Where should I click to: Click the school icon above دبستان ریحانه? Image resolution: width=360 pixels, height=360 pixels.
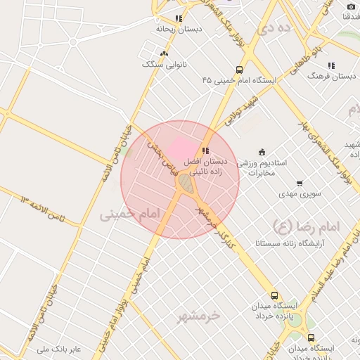coord(179,18)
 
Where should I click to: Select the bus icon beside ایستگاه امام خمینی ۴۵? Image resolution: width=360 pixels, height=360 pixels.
coord(240,70)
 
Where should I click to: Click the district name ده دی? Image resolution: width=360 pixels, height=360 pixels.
coord(274,30)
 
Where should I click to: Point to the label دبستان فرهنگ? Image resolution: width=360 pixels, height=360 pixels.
coord(331,75)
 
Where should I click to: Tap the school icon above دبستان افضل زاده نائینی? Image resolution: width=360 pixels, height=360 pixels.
coord(205,150)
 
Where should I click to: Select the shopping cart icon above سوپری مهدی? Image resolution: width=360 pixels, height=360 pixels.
coord(300,184)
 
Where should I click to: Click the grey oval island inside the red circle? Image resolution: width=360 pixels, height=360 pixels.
coord(185,184)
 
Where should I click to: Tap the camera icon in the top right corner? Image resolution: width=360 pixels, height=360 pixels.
coord(352,6)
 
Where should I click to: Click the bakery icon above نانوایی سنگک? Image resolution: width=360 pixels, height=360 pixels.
coord(164,54)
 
